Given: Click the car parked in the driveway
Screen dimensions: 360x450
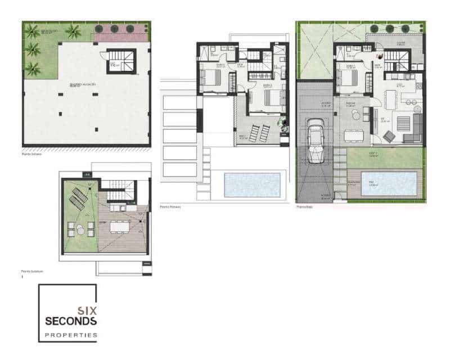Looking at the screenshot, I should point(316,141).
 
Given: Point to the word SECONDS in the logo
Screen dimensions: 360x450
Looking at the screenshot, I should point(71,321).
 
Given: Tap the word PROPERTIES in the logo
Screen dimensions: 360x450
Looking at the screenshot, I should point(71,335).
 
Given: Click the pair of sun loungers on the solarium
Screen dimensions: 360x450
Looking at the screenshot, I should point(79,198).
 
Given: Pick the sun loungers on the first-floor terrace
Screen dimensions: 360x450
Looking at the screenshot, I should point(259,132).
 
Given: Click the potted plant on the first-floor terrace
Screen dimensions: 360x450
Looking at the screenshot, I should point(281,123).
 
